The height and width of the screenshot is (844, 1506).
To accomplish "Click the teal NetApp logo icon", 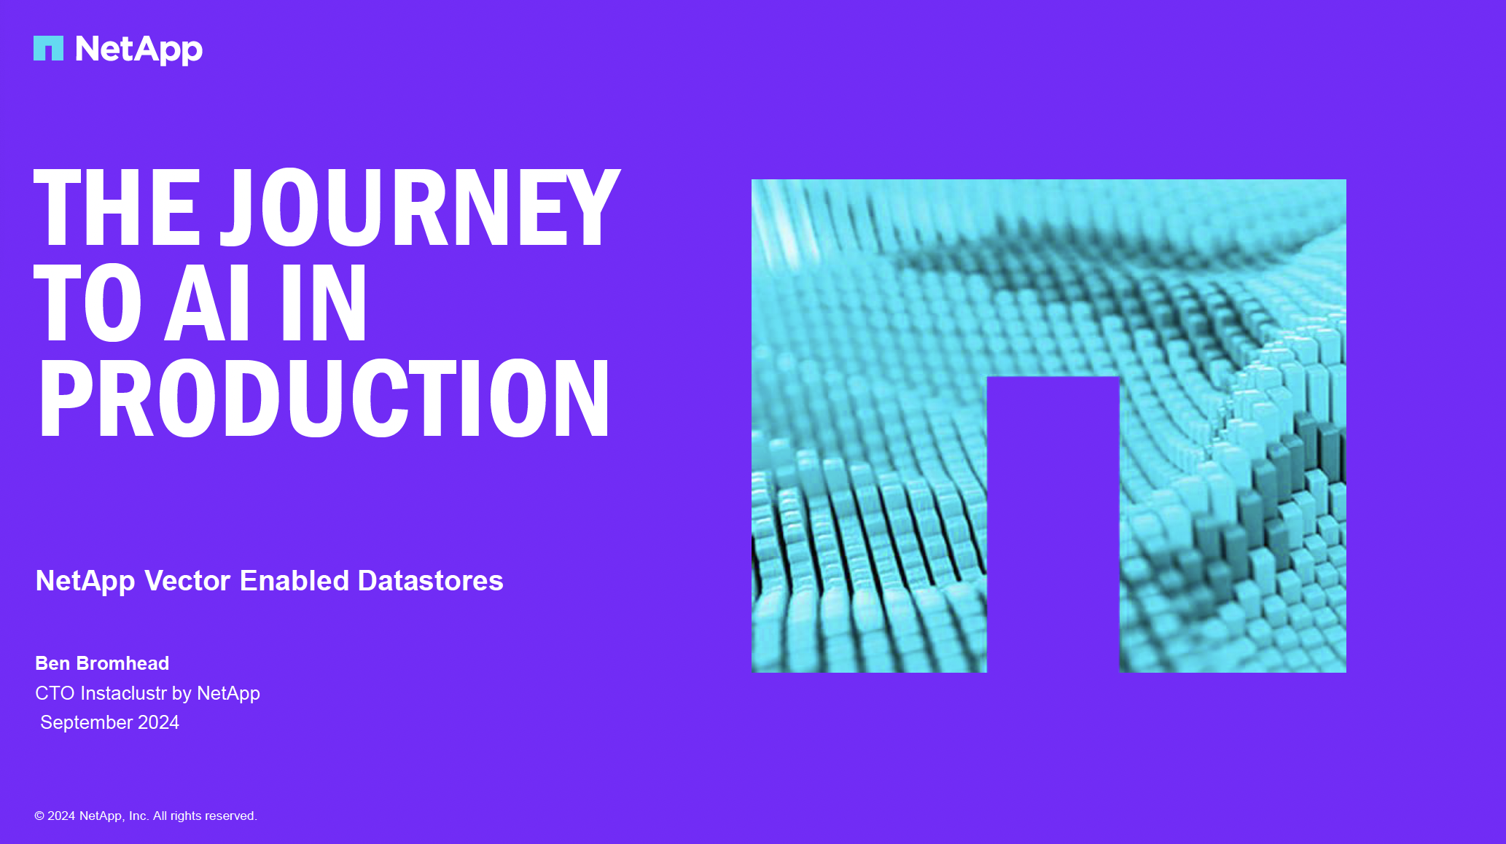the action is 48,48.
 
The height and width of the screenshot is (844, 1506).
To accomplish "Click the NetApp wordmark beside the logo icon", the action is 138,50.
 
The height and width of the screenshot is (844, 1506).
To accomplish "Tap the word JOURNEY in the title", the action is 421,207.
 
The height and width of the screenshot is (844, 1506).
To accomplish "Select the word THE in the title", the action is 117,207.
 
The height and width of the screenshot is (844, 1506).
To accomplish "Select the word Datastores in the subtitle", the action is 431,581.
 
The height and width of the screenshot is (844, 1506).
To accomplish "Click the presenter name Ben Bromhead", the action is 102,663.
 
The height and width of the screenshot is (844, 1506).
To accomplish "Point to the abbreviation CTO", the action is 55,693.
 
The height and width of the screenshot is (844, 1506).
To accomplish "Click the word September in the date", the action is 87,722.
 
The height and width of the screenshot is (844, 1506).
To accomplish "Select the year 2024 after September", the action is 158,722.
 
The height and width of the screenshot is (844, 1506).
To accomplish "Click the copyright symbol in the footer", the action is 39,816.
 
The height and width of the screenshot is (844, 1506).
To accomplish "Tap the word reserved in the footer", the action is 232,816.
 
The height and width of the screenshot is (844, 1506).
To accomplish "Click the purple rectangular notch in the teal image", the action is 1053,525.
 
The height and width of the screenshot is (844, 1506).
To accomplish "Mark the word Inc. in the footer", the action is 138,816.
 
